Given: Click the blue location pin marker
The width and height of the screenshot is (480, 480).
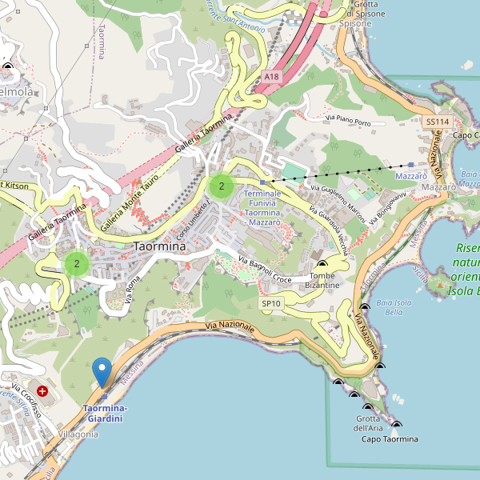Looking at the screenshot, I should coord(102,372).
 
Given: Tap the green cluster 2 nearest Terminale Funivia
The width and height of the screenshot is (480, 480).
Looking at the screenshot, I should coord(221,186).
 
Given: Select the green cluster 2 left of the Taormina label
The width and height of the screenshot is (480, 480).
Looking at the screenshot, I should coord(77,263).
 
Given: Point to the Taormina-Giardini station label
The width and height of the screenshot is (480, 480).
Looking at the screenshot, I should coord(105,414).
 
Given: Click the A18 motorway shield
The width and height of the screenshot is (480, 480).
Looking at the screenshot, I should coord(272,77).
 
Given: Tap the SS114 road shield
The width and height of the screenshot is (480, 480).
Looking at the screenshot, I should coord(438,122).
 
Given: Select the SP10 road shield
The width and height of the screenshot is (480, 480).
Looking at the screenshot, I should coord(271,304).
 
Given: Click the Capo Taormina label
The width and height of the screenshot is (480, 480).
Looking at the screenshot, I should coord(390,439).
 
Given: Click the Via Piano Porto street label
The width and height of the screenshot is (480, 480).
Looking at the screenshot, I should coord(348,122).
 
